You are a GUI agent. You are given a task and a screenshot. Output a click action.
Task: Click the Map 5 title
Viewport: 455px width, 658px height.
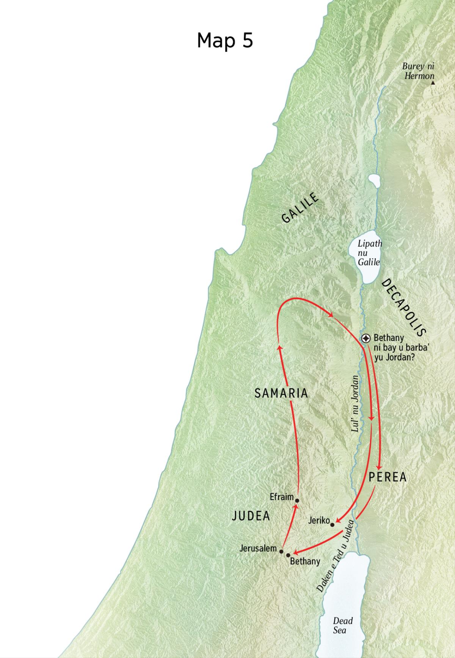point(225,40)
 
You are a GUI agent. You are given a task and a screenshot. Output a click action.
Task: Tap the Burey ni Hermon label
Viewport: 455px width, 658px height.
point(419,71)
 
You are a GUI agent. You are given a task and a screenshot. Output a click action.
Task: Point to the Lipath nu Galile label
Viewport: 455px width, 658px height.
point(369,252)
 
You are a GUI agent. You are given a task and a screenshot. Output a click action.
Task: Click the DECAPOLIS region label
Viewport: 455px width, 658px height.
point(403,308)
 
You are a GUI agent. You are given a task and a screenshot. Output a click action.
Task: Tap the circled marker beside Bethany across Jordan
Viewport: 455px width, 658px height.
point(366,338)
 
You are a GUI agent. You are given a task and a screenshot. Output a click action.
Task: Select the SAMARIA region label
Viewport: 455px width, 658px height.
point(281,393)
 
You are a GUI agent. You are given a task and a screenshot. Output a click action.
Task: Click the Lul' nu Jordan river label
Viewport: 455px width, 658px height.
point(355,404)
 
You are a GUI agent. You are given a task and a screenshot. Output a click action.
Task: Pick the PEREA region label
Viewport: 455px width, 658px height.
point(388,477)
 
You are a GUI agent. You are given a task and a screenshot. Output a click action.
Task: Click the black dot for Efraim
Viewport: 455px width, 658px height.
point(297,500)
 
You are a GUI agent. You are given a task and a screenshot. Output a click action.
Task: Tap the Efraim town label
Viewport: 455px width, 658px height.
point(282,497)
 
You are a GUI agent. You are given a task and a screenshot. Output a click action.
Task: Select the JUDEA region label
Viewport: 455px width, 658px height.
point(251,516)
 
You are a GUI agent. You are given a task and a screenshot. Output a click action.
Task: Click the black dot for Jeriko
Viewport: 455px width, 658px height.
point(333,525)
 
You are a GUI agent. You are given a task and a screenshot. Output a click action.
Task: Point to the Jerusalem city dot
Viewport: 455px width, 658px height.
point(281,551)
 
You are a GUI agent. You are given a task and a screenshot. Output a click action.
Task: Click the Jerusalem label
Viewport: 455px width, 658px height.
point(258,548)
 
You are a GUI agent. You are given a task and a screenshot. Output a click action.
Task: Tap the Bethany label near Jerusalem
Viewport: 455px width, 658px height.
point(305,561)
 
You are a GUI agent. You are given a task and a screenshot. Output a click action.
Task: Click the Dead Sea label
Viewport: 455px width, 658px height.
point(343,625)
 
